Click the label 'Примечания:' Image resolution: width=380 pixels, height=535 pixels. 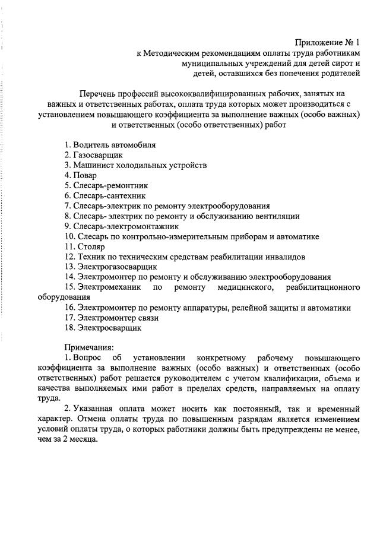click(88, 347)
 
